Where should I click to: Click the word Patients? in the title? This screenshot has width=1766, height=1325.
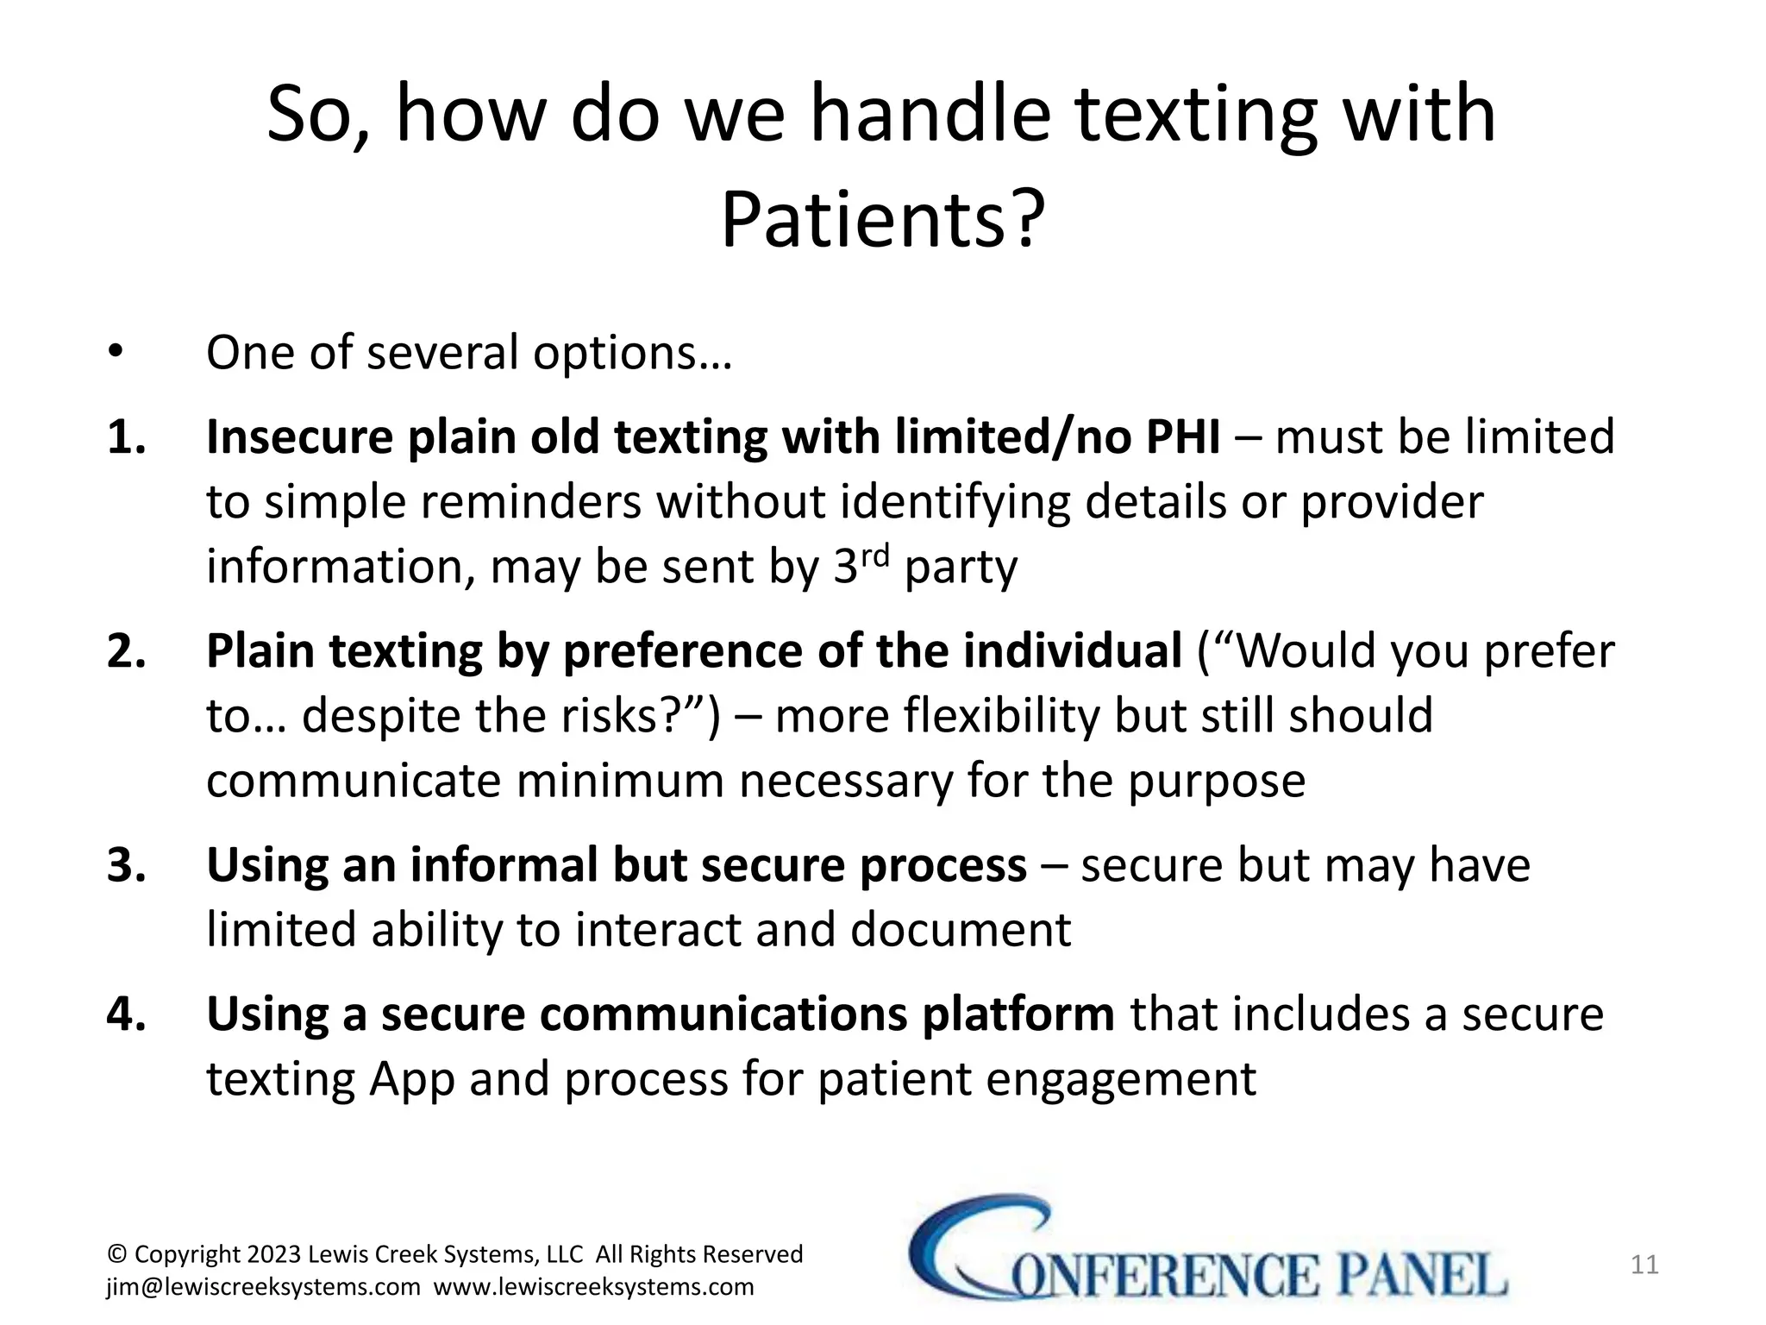pos(882,219)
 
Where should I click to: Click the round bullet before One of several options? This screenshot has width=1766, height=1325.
pos(116,353)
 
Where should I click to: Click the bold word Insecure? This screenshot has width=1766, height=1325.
pos(298,436)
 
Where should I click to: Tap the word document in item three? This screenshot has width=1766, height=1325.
pos(961,930)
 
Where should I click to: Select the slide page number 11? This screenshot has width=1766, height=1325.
pos(1644,1265)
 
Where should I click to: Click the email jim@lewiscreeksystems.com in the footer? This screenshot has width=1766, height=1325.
pos(263,1287)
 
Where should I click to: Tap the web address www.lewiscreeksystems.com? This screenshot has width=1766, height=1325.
pos(593,1287)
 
